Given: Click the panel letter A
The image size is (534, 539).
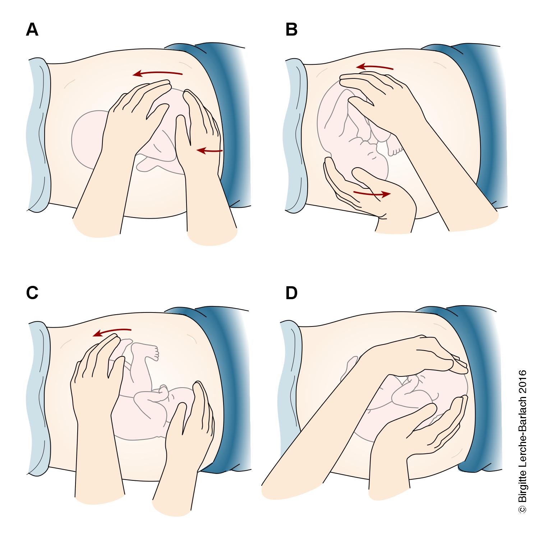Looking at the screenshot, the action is (32, 30).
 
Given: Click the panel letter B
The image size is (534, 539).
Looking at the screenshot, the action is (291, 30).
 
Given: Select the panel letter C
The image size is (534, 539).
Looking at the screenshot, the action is (32, 293).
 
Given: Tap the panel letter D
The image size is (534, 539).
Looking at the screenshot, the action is (291, 293).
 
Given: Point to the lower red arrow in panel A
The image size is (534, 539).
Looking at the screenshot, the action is (210, 151).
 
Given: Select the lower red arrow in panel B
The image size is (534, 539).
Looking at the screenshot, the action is (372, 194).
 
